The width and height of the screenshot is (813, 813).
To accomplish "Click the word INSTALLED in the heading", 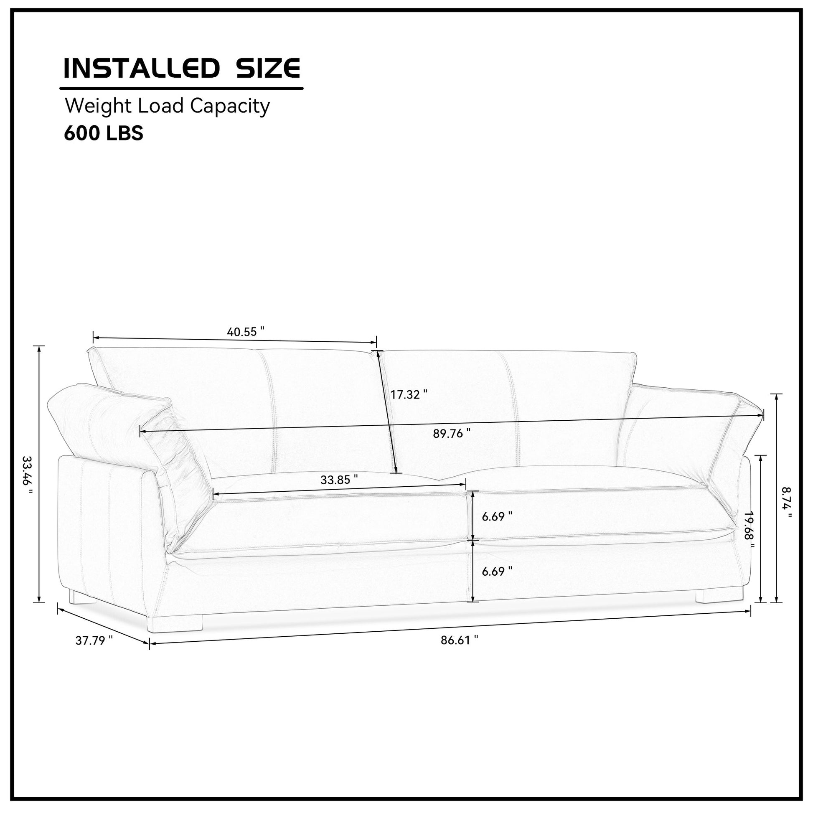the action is coord(141,68).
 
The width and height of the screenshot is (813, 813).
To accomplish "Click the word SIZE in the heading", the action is coord(268,68).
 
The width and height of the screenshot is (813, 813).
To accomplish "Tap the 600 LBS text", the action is coord(104,133).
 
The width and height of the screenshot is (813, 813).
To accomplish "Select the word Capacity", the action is coord(230,107).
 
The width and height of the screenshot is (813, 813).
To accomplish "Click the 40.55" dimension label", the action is coord(246,332).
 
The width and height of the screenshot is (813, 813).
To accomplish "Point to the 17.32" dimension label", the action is coord(409,395).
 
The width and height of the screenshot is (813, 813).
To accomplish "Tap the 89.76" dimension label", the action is coord(452,433).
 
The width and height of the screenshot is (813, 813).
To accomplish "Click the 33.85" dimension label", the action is coord(339,480).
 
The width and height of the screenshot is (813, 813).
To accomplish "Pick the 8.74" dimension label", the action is coord(786,504).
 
